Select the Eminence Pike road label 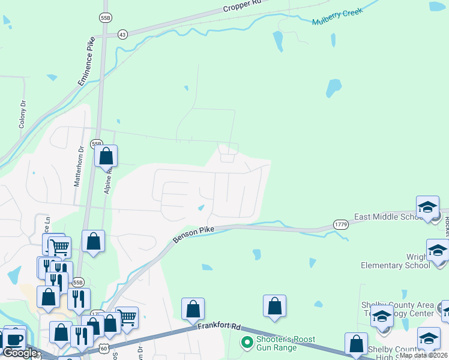click(86, 62)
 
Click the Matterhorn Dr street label click(77, 166)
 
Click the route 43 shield click(122, 34)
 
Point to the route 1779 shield click(341, 224)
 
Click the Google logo click(20, 353)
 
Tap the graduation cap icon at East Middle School click(427, 207)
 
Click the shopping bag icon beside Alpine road click(106, 156)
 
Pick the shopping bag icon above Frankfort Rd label click(193, 310)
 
